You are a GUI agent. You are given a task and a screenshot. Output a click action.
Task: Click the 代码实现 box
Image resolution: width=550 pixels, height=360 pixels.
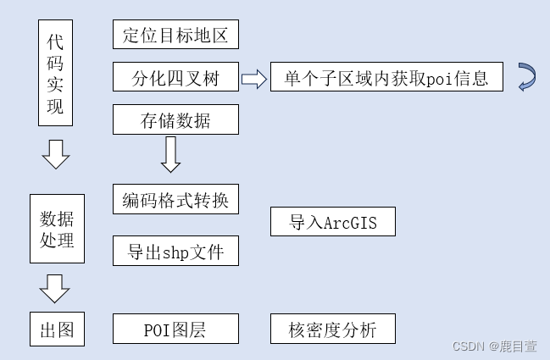(x=55, y=75)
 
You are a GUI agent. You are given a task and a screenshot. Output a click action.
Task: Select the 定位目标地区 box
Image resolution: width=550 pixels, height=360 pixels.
(x=175, y=35)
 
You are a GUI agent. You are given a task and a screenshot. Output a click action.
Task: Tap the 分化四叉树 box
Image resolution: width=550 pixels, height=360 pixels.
(x=175, y=79)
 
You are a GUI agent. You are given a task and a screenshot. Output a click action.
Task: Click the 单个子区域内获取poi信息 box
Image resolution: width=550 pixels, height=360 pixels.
(x=386, y=79)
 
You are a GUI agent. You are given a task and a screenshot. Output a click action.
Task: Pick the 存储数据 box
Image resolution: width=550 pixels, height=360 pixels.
(x=175, y=120)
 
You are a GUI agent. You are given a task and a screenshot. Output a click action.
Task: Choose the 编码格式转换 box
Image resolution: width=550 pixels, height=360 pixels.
(x=175, y=201)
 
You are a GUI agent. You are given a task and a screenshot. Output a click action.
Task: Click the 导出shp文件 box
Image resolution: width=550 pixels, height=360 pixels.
(x=175, y=251)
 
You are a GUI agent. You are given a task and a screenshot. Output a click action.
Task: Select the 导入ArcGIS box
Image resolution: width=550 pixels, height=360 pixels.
(x=333, y=222)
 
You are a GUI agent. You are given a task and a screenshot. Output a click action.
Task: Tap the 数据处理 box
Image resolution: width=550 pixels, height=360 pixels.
(x=57, y=229)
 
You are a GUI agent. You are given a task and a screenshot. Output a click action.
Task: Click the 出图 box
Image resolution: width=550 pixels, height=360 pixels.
(x=57, y=329)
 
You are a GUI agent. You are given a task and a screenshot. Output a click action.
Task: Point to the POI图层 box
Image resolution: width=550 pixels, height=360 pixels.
(x=175, y=329)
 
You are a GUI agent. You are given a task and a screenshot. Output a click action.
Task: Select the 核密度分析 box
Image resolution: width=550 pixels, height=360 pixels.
(x=333, y=329)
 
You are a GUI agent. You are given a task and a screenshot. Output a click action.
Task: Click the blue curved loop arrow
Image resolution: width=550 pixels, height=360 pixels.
(x=526, y=77)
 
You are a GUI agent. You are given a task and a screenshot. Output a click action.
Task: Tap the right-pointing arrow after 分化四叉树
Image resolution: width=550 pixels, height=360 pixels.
(x=253, y=79)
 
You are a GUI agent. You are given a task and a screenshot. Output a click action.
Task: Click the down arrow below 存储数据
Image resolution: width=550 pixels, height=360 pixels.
(x=170, y=153)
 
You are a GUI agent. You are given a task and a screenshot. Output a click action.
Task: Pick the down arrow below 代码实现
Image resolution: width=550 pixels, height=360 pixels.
(x=56, y=154)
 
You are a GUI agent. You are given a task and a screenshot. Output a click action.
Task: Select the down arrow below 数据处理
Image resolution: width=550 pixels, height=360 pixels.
(x=56, y=288)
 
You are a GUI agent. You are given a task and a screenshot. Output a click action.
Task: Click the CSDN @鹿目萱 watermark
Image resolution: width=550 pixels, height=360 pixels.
(x=494, y=346)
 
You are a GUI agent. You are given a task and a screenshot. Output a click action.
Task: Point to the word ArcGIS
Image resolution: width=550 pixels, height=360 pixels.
(x=350, y=223)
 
